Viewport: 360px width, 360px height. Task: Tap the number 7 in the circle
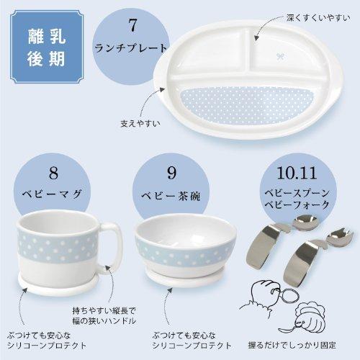pos(132,26)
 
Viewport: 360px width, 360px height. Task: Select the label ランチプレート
pos(132,49)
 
